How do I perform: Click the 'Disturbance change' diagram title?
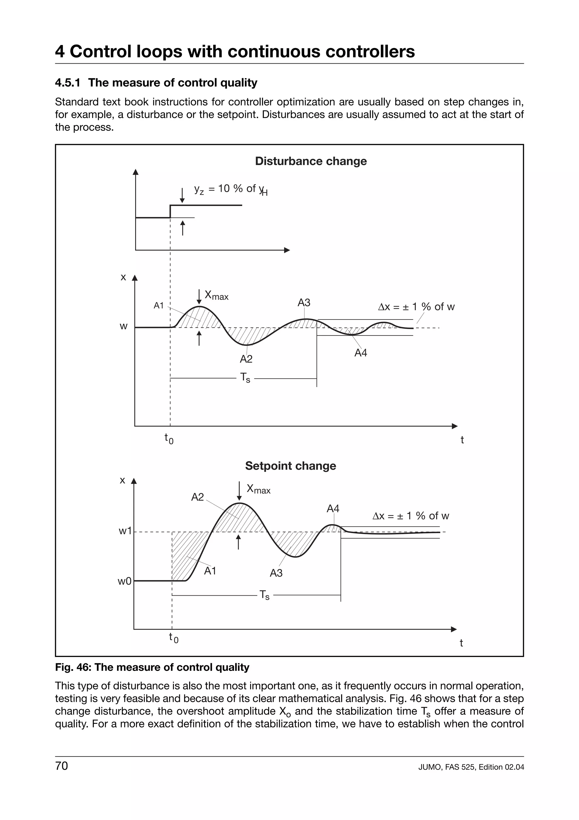pos(311,161)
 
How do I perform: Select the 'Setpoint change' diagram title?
pos(290,466)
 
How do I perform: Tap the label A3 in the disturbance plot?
pos(304,303)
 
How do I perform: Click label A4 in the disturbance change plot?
pos(361,353)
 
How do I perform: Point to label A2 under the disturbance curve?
pos(246,359)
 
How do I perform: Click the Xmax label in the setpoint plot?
pos(258,489)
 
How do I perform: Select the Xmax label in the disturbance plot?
pos(216,295)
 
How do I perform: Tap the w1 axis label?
pos(125,531)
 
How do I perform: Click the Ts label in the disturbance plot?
pos(245,377)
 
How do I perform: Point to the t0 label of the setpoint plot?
pos(173,637)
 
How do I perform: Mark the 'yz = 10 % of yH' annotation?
pos(230,189)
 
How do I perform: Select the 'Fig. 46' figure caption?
pos(152,667)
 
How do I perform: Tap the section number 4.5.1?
pos(67,83)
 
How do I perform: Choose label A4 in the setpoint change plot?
pos(333,508)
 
